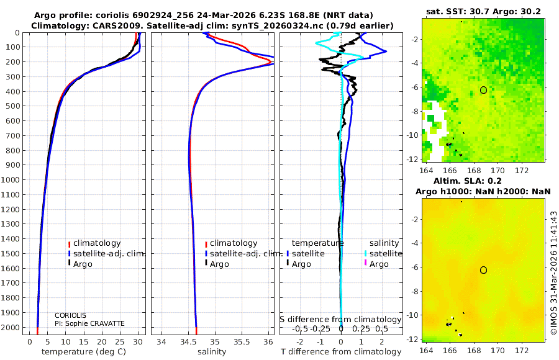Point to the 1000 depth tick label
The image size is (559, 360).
(x=11, y=179)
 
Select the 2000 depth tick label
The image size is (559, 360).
(x=11, y=327)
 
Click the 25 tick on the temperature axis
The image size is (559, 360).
(x=119, y=342)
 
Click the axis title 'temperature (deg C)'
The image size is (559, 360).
(x=84, y=352)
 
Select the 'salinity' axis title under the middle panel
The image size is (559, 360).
(x=212, y=352)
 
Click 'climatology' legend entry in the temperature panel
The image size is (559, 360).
(x=97, y=243)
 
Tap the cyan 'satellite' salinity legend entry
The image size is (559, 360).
(x=386, y=254)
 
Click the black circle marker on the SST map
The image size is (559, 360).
(x=483, y=90)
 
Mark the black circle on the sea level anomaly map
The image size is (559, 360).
(x=483, y=270)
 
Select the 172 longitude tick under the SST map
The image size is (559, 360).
(x=522, y=170)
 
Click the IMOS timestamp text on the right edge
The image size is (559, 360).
(x=553, y=272)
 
